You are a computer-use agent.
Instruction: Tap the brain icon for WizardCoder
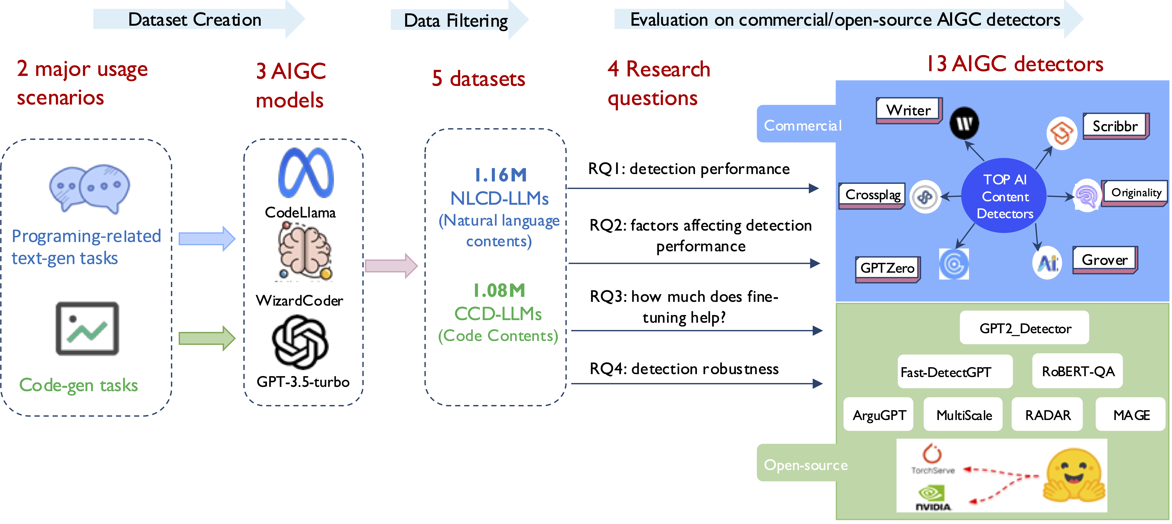point(305,253)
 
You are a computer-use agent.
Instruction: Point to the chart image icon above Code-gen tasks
point(87,328)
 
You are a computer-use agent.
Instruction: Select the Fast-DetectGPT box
point(955,372)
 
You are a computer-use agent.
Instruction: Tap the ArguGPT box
point(878,414)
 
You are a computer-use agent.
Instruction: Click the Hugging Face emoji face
point(1074,475)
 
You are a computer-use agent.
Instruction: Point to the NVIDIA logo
point(933,498)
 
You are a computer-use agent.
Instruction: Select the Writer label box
point(908,110)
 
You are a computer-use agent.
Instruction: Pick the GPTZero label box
point(887,268)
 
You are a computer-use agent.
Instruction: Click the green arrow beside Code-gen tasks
point(207,338)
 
